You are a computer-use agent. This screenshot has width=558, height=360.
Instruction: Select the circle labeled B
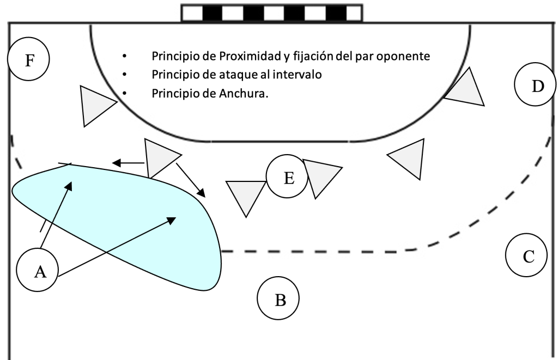(280, 299)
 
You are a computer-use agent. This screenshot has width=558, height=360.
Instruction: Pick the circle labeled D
(537, 86)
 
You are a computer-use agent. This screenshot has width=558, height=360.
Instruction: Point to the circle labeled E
(288, 178)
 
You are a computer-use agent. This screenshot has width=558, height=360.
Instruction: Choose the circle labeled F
(29, 59)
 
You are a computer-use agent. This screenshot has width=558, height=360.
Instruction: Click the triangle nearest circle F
(95, 105)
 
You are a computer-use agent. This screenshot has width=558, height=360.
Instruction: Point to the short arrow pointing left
(128, 162)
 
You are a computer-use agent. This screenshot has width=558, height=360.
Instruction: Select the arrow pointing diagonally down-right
(191, 179)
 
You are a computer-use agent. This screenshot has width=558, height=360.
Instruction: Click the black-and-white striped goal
(271, 13)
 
